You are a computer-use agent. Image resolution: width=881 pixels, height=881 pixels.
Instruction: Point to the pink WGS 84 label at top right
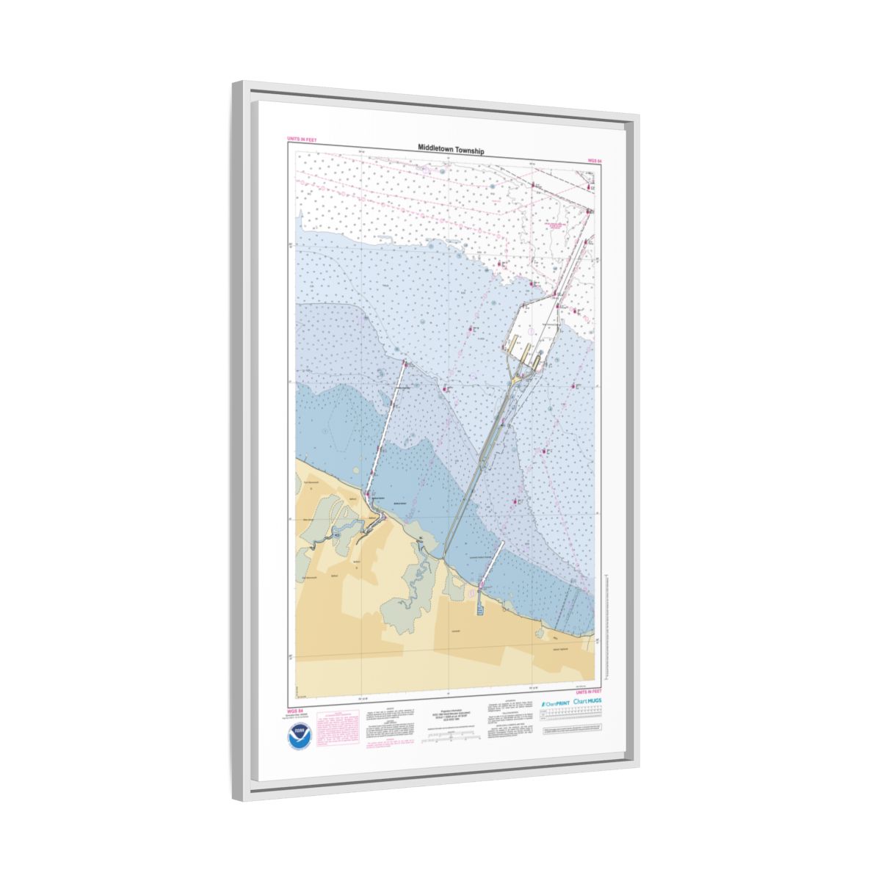594,159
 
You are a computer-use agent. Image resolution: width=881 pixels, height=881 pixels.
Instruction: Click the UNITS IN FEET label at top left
302,139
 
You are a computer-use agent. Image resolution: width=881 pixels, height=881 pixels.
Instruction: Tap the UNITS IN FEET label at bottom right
589,692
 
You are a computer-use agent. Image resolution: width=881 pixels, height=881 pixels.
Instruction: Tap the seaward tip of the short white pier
502,543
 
